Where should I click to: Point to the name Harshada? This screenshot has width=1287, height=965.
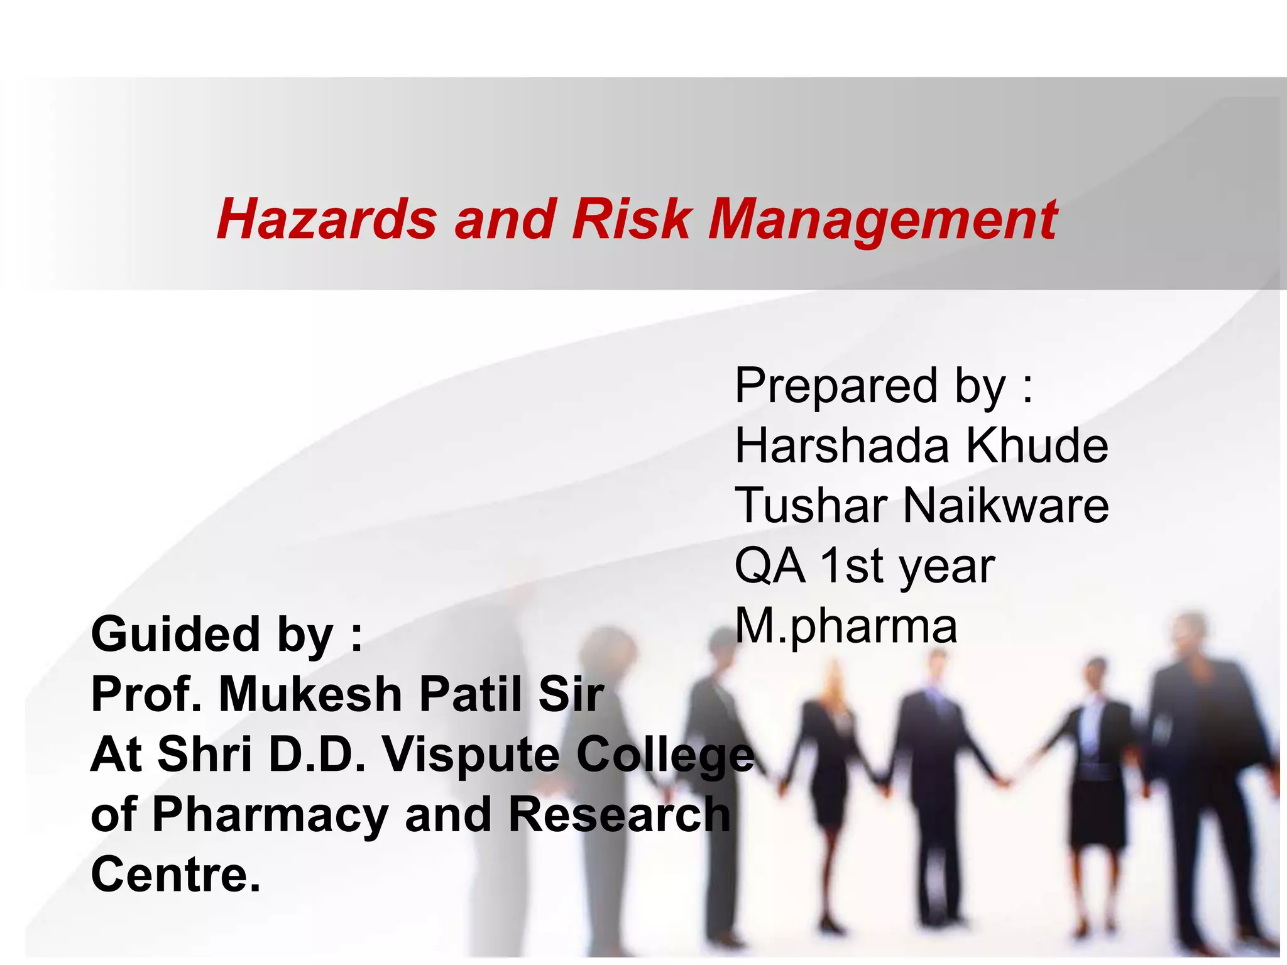(842, 445)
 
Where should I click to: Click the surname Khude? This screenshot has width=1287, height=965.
(1037, 445)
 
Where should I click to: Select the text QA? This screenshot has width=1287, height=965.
(769, 565)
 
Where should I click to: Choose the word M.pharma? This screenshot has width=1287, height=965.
(846, 626)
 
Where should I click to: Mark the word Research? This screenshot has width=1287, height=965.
(618, 814)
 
